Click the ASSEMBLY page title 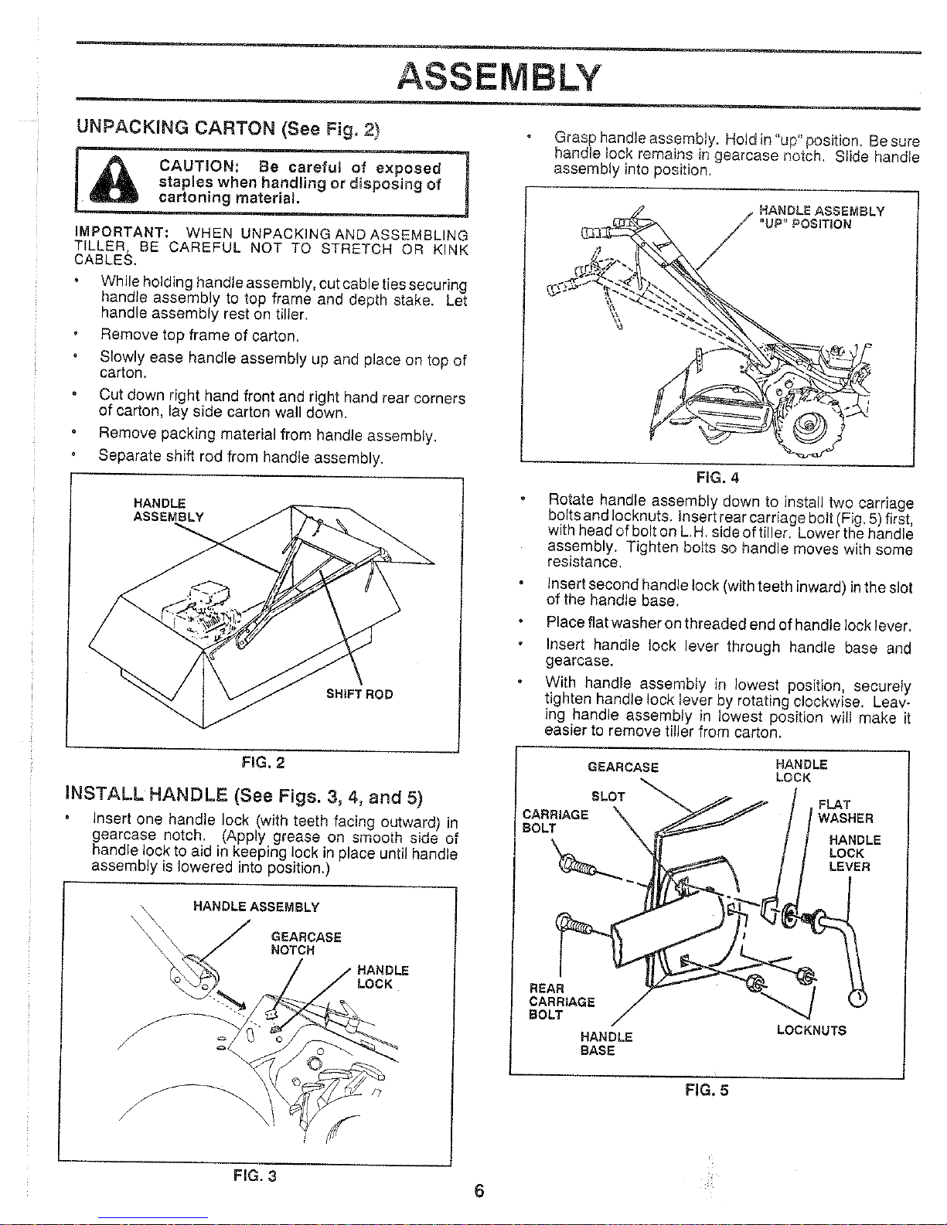pos(499,77)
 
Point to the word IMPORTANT pos(122,233)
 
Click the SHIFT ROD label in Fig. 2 pos(359,694)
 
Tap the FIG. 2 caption pos(263,763)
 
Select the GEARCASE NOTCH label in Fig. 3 pos(306,943)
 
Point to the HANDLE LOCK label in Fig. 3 pos(383,977)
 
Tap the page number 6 pos(479,1191)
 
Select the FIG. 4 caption pos(717,477)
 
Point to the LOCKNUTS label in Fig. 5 pos(811,1030)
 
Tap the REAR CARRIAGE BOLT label pos(561,1001)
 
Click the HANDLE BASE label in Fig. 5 pos(606,1043)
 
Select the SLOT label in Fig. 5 pos(608,796)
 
